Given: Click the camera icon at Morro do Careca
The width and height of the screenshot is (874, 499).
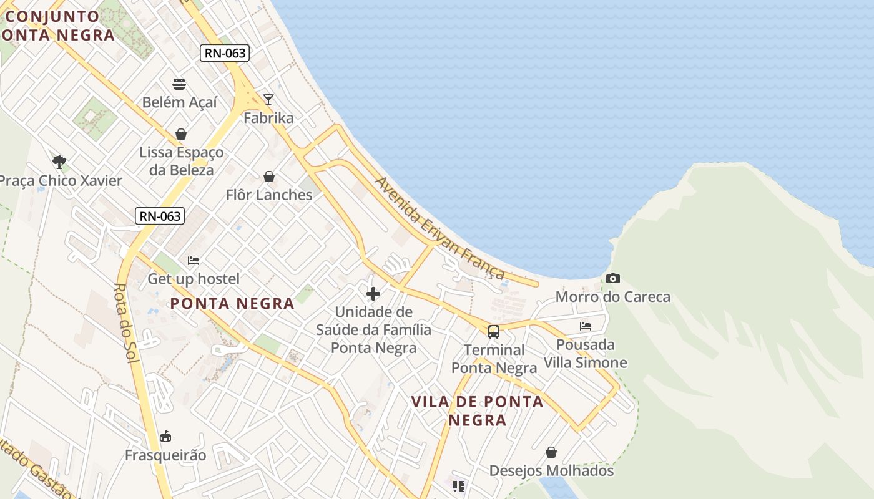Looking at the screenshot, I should click(x=613, y=278).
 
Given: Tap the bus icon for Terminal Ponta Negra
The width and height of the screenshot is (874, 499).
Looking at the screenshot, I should click(x=494, y=331).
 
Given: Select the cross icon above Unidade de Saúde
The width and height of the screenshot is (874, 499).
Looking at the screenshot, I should click(x=373, y=293).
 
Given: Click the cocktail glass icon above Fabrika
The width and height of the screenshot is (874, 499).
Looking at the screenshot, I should click(x=268, y=99).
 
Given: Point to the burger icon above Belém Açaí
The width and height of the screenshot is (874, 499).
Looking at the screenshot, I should click(x=179, y=84).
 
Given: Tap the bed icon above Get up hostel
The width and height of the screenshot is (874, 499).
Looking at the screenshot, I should click(x=194, y=261).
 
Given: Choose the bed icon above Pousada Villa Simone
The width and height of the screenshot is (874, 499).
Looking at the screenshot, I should click(x=586, y=326).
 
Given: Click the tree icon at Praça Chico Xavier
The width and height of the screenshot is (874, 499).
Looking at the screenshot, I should click(x=59, y=162).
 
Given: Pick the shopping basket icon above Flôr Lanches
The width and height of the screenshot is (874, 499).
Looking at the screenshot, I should click(x=269, y=177).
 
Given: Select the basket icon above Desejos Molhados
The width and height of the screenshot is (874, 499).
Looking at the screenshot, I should click(x=551, y=452).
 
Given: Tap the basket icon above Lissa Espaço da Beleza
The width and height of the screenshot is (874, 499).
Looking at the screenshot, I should click(x=181, y=134).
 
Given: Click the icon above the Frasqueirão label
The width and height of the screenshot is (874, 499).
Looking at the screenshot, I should click(x=165, y=436).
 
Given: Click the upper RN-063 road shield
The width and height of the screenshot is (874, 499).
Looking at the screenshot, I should click(x=225, y=53).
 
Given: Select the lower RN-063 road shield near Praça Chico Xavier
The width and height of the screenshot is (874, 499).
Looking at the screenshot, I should click(x=160, y=216).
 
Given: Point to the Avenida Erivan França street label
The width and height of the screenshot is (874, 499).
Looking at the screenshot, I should click(x=439, y=228).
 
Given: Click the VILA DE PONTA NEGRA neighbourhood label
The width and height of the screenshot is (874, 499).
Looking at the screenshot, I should click(x=478, y=410).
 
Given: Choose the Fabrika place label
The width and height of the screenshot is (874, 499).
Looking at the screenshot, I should click(x=268, y=117).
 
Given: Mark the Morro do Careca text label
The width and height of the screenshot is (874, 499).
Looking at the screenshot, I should click(x=613, y=297).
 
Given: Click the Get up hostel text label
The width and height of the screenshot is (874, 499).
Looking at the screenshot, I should click(x=194, y=278).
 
